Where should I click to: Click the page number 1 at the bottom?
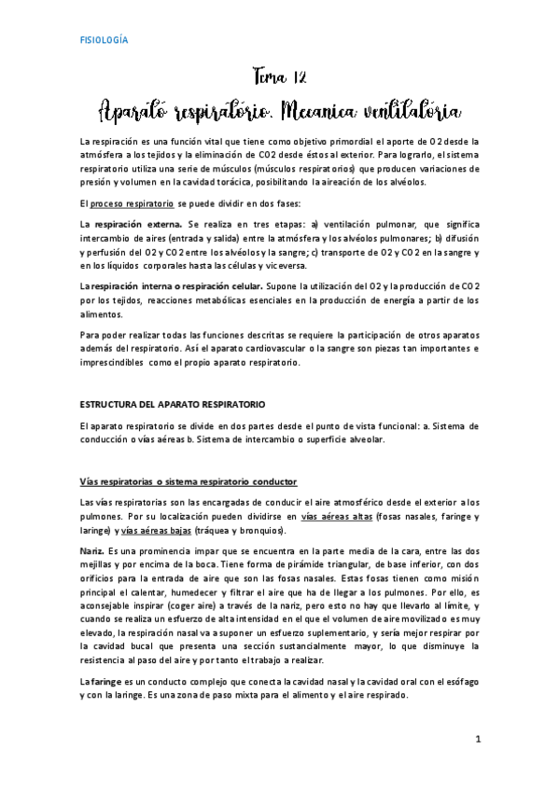point(477,740)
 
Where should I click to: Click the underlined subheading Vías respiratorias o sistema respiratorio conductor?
point(189,481)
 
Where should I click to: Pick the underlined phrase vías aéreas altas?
point(339,515)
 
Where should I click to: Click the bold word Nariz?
point(92,551)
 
